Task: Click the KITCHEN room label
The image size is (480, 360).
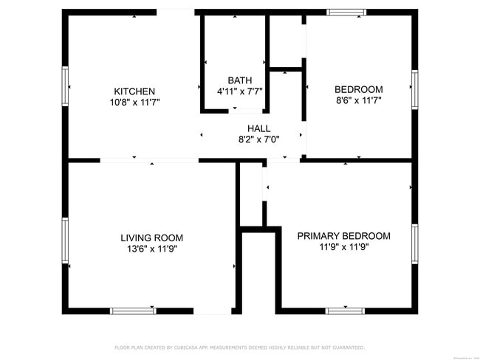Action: coord(134,91)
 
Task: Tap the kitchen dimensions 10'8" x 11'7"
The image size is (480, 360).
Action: coord(134,103)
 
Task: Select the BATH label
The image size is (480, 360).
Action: coord(239,80)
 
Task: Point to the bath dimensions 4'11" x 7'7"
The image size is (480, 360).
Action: coord(239,91)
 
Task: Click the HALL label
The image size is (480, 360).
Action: coord(258,128)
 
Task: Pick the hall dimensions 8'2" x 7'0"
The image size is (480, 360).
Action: coord(258,139)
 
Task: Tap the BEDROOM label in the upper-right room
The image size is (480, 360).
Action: coord(359,89)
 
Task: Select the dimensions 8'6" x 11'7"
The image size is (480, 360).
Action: coord(359,100)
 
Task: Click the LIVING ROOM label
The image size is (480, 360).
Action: coord(151,238)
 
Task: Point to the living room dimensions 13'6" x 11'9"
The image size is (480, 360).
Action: coord(151,249)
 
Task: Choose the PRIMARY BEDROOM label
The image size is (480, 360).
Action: coord(343,236)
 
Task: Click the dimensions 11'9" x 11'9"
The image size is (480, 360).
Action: coord(343,247)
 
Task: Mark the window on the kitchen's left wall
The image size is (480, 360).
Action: coord(65,87)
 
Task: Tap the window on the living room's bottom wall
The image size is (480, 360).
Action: coord(133,311)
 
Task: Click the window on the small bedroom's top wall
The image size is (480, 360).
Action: coord(346,12)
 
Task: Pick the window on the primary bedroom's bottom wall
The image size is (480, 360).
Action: coord(345,311)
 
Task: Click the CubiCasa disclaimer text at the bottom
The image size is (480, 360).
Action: coord(239,347)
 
